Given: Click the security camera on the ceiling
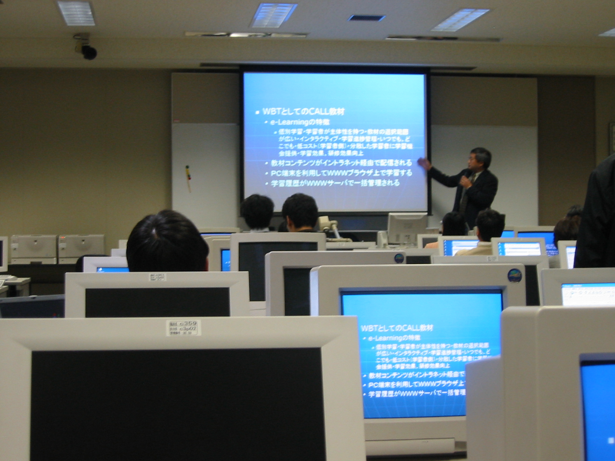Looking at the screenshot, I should [x=86, y=49].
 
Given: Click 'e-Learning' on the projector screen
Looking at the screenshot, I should [x=289, y=123].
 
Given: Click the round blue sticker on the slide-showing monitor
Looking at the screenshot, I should [x=514, y=275].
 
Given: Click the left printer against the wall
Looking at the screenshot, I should [x=34, y=248].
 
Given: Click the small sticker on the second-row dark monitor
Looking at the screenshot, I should [x=157, y=277].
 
